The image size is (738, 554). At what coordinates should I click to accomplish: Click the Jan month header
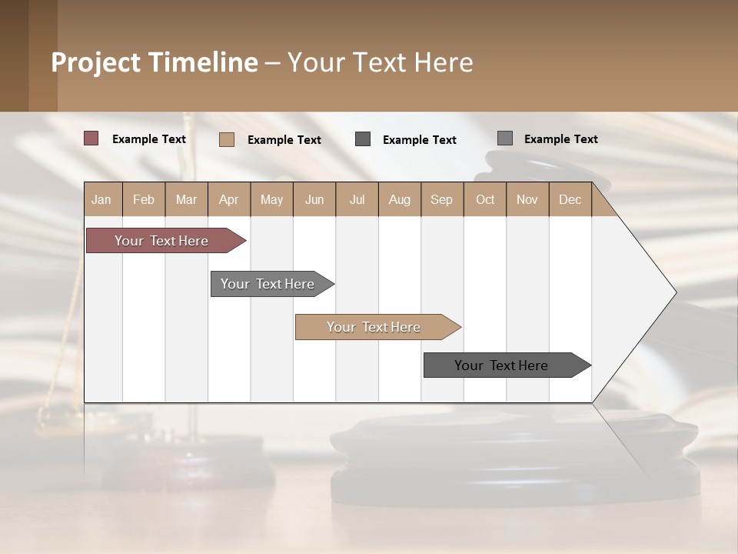(x=102, y=200)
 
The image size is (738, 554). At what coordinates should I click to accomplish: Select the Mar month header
(x=186, y=200)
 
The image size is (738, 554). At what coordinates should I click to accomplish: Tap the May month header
(x=271, y=200)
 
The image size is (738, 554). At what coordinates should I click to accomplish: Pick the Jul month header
(x=357, y=200)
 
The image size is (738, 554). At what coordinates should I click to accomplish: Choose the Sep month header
(x=441, y=200)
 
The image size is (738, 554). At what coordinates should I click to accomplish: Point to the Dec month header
(x=570, y=200)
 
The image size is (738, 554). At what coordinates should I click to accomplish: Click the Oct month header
(x=485, y=200)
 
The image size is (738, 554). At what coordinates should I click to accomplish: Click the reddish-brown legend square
(x=91, y=138)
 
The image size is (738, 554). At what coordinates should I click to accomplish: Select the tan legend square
(x=227, y=139)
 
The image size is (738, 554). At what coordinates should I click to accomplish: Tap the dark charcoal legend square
(x=363, y=139)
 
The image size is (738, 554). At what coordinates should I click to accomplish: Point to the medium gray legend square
(x=505, y=138)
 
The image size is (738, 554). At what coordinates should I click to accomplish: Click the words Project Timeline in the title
(x=154, y=62)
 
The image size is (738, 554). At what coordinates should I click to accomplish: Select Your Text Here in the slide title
(x=380, y=62)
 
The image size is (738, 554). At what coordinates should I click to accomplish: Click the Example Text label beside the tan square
(x=284, y=140)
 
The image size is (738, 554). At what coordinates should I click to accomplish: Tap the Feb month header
(x=144, y=200)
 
